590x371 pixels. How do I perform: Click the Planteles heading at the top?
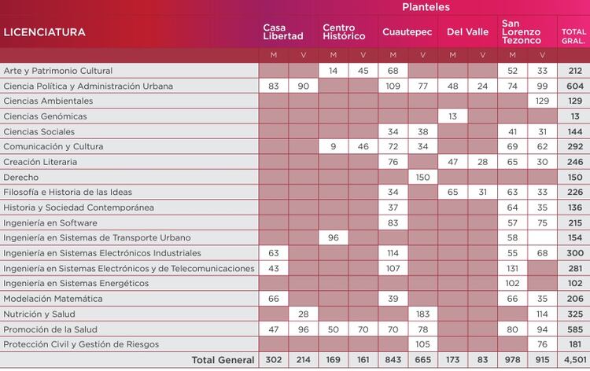426,7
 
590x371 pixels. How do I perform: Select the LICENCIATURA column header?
45,33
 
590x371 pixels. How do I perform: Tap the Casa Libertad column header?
283,32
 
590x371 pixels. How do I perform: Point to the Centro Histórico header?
344,32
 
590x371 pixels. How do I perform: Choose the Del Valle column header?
467,33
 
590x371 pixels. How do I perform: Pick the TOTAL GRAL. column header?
573,35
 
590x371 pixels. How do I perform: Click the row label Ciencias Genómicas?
45,116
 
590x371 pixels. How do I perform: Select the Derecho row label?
21,177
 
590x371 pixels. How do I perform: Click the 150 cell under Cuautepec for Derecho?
422,177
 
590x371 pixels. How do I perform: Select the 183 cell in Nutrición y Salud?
422,314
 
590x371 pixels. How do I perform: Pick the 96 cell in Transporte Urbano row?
333,237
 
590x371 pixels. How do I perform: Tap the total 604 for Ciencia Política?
573,86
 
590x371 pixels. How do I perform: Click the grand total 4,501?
573,360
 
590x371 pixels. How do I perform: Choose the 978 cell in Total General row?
512,360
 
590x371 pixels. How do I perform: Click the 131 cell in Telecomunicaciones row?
512,268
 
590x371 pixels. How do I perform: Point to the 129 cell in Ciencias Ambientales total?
573,101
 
